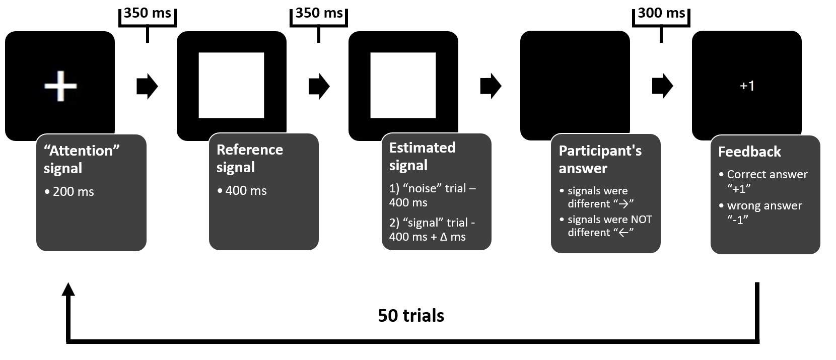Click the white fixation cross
click(60, 86)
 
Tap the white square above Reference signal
click(231, 85)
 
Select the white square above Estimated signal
click(403, 85)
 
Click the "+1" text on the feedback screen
click(747, 86)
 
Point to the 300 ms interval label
click(661, 14)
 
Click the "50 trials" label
click(411, 316)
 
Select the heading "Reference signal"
click(249, 158)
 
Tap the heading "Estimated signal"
click(422, 156)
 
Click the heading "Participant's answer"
click(600, 159)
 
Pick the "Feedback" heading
click(749, 152)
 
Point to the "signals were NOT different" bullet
click(609, 226)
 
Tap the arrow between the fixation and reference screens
click(147, 86)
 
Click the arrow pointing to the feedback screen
click(662, 86)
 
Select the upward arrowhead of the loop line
click(68, 290)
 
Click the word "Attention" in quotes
click(81, 151)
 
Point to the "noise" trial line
click(432, 195)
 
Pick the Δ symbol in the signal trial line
click(443, 237)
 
